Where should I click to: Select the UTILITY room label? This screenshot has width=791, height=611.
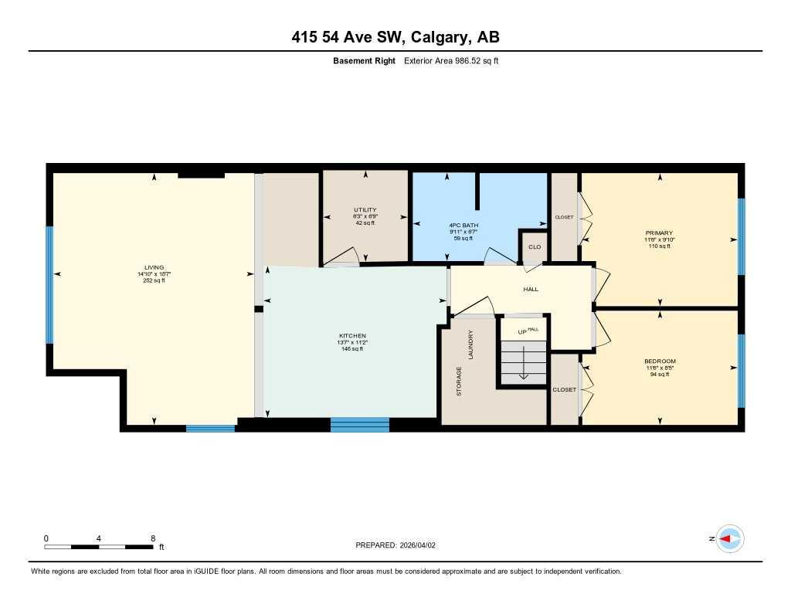pos(365,210)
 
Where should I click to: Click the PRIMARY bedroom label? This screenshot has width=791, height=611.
pos(659,233)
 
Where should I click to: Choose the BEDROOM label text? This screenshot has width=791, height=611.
pos(660,361)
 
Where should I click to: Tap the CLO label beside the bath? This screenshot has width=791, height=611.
pos(534,247)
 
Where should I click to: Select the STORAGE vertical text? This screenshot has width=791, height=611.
pos(459,382)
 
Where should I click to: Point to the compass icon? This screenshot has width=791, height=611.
pos(729,538)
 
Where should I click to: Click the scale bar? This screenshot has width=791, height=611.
pos(99,547)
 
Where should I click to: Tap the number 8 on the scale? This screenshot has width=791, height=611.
pos(153,538)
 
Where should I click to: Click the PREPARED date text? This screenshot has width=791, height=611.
pos(395,545)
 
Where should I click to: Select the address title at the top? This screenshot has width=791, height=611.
pos(395,37)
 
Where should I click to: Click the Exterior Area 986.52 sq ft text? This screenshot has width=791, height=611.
pos(451,60)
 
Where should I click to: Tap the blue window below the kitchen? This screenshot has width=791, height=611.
pos(359,424)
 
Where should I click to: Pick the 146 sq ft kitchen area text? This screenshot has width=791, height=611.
pos(352,349)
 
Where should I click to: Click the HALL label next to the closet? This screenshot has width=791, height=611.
pos(531,289)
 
